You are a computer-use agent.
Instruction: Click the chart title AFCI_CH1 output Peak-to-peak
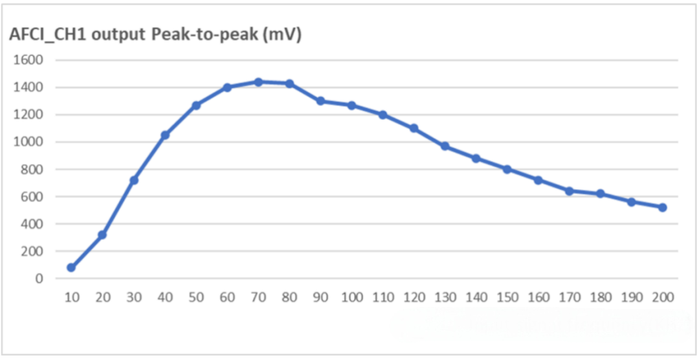(155, 35)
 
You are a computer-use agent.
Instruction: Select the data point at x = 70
(258, 82)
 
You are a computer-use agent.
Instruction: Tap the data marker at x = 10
(71, 267)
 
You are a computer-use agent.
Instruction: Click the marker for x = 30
(134, 180)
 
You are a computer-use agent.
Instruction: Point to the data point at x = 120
(414, 128)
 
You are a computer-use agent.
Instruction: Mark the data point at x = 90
(320, 101)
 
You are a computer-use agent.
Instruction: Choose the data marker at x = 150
(507, 169)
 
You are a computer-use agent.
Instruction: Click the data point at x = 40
(165, 135)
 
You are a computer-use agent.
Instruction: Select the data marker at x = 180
(601, 194)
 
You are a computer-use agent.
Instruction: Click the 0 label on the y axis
(39, 278)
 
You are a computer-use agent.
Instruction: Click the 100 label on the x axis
(351, 297)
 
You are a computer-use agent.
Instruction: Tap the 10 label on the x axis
(71, 297)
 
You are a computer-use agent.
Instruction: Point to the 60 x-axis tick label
(227, 297)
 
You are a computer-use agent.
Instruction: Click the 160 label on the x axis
(538, 297)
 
